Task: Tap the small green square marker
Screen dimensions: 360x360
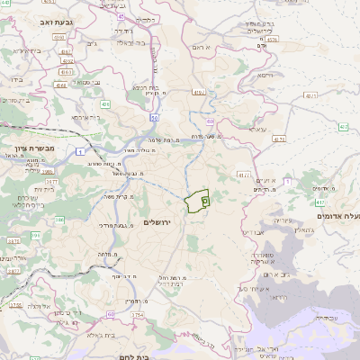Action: pyautogui.click(x=205, y=202)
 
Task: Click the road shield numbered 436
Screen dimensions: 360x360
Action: pyautogui.click(x=105, y=104)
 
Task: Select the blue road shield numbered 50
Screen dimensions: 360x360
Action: pyautogui.click(x=155, y=117)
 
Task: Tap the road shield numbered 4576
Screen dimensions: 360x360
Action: pyautogui.click(x=273, y=40)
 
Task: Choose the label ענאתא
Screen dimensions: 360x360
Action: pyautogui.click(x=256, y=130)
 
